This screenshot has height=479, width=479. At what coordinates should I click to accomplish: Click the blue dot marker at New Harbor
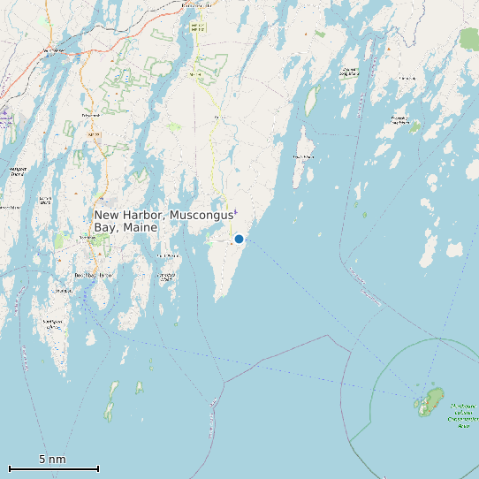[239, 239]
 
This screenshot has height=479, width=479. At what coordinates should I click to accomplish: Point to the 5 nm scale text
[52, 460]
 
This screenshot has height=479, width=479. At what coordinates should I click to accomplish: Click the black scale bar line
[53, 468]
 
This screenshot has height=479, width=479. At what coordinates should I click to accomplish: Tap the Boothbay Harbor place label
[93, 276]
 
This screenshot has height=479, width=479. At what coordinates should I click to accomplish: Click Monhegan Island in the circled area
[431, 401]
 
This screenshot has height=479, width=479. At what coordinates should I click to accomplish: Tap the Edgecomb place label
[89, 115]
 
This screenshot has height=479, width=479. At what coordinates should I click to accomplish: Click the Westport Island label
[16, 170]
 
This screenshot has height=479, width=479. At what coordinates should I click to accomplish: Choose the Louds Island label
[303, 157]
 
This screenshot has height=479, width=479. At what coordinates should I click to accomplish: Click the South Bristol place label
[165, 276]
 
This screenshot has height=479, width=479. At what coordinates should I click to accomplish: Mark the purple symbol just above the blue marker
[236, 211]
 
